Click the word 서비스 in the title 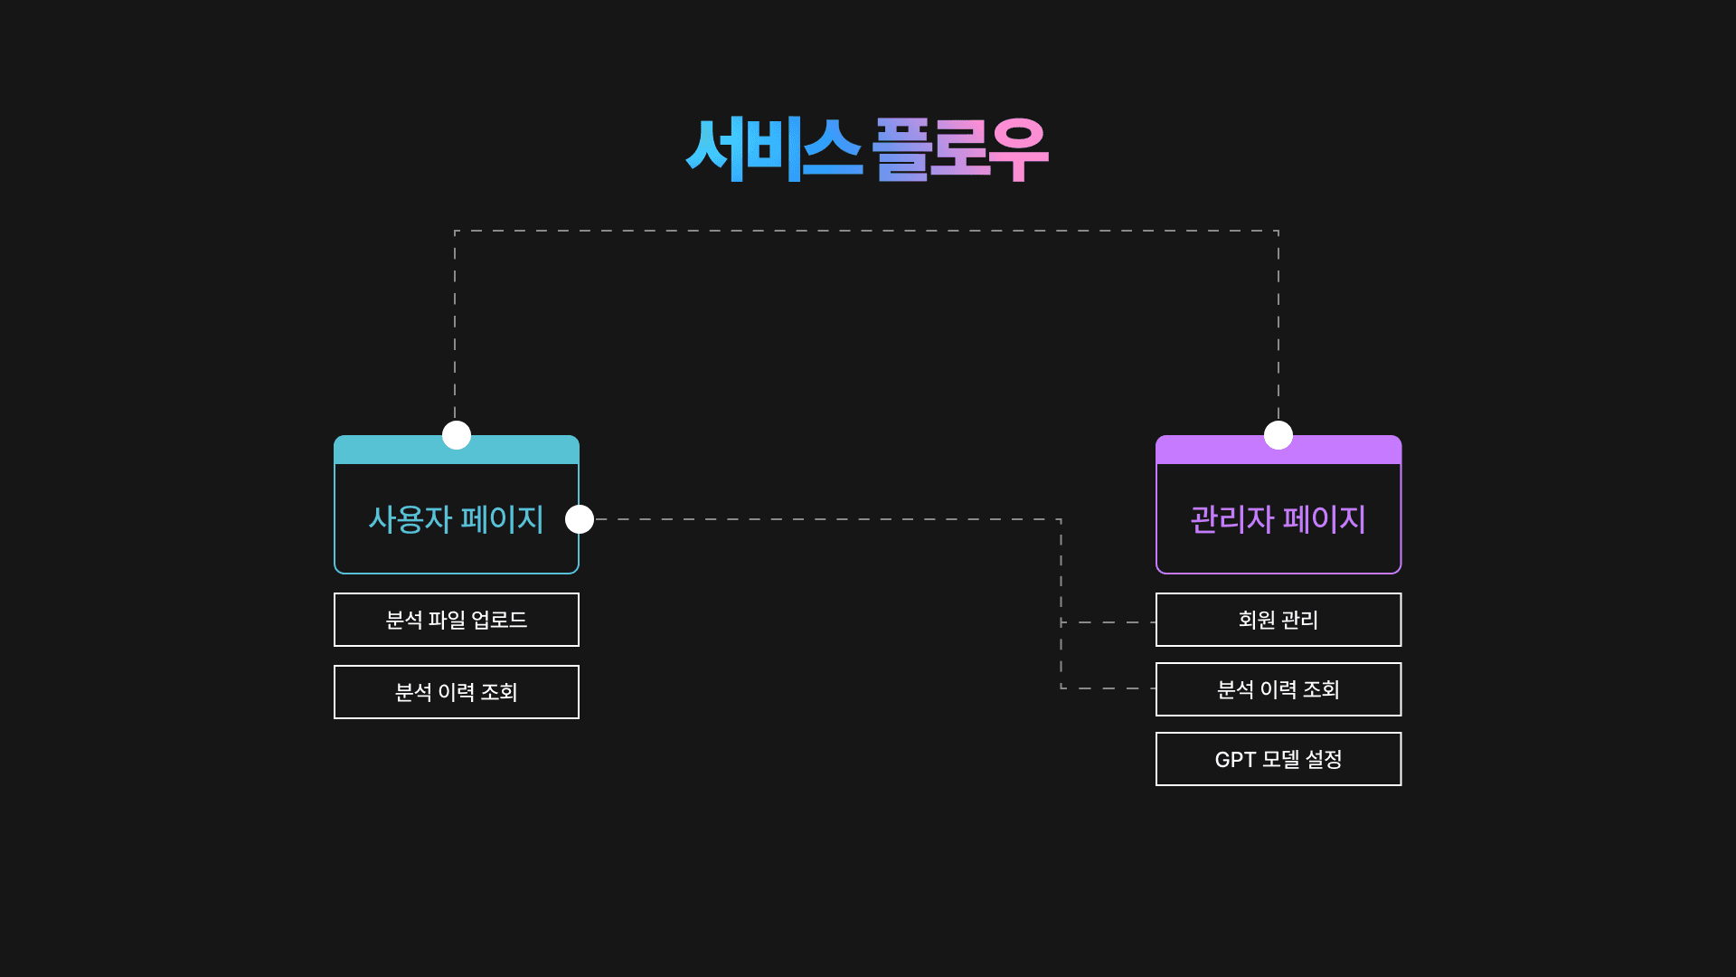774,149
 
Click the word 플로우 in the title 959,149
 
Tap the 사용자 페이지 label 456,519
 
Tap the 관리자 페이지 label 1278,519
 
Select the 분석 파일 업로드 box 456,620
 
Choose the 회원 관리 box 1278,620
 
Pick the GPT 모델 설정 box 1278,759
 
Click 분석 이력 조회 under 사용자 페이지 456,692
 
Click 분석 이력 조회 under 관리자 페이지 1278,689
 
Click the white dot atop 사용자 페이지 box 457,435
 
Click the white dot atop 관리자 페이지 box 1278,435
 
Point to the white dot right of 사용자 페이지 580,519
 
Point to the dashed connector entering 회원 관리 1109,622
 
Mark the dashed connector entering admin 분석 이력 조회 1109,688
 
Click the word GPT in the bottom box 1235,760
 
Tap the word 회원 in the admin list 1256,620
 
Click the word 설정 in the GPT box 1324,759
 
